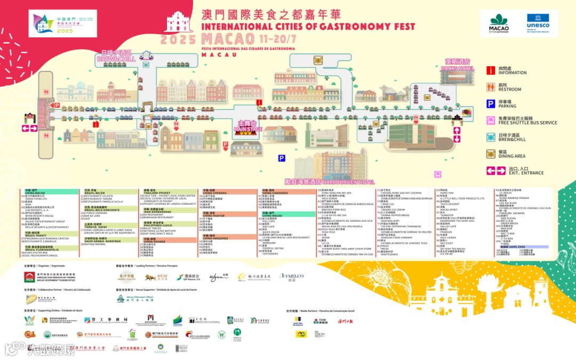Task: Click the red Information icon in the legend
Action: [x=490, y=70]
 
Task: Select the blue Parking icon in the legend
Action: [x=490, y=104]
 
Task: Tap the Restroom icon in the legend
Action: [x=490, y=87]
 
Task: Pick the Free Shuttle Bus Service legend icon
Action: [x=490, y=121]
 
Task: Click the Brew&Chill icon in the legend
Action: [x=490, y=137]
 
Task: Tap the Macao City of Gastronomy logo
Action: [x=499, y=23]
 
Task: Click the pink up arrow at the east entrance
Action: [x=456, y=131]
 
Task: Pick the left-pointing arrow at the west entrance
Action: [x=26, y=128]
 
